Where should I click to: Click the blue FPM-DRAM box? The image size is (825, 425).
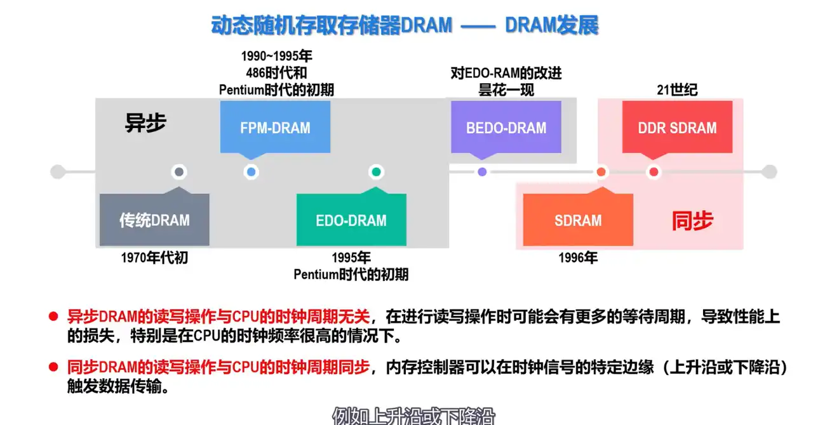275,128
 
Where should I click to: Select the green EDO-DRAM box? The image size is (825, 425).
351,220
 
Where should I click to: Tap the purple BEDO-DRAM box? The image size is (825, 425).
506,128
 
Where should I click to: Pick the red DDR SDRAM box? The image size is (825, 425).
677,128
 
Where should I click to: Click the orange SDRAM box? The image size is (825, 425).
577,220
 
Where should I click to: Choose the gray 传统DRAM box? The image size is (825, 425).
154,220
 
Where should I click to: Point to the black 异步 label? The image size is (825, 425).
145,123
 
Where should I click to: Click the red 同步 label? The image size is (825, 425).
692,221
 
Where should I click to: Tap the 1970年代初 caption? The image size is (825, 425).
154,258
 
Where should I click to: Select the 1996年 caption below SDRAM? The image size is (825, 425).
578,258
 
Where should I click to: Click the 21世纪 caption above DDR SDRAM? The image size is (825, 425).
677,90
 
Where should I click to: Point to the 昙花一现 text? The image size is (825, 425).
506,90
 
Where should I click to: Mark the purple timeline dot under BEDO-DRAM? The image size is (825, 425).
482,172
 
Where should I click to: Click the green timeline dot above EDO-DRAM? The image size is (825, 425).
376,172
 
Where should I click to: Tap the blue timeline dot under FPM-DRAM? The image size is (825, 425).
252,172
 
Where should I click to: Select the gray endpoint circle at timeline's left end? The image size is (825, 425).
58,172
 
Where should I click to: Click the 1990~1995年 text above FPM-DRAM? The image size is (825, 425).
276,56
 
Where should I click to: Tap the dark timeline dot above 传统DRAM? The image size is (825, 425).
179,172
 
